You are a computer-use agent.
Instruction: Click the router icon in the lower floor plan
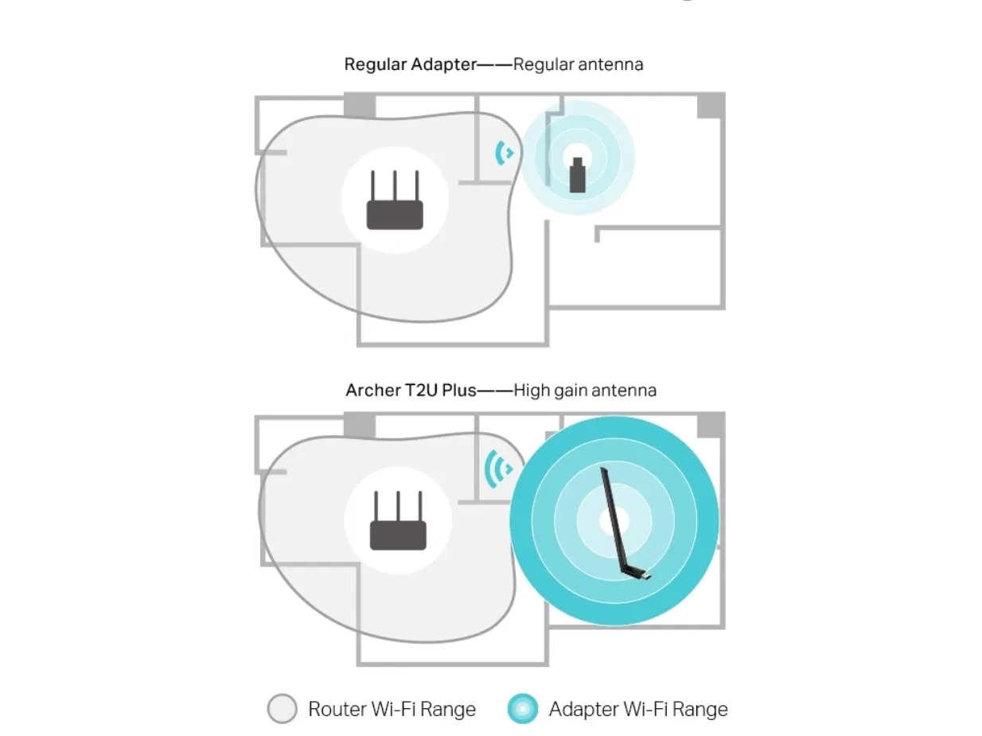click(398, 520)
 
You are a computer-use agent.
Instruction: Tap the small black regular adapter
click(577, 175)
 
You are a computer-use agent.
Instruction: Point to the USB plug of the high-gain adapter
click(645, 575)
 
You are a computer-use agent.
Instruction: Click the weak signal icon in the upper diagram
click(505, 153)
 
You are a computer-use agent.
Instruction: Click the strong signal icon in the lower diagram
click(498, 469)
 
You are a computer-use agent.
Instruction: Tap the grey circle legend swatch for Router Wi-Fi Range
click(282, 708)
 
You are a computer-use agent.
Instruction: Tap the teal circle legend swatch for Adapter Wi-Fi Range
click(523, 708)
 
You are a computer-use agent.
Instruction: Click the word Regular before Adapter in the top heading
click(375, 64)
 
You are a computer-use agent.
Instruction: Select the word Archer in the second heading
click(373, 391)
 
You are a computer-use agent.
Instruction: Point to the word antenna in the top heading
click(610, 64)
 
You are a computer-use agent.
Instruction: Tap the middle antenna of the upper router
click(395, 185)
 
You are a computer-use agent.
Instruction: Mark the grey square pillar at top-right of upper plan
click(711, 106)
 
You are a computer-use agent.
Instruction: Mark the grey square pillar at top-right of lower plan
click(711, 425)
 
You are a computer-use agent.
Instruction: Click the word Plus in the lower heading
click(459, 391)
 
